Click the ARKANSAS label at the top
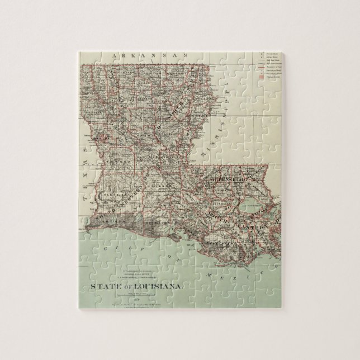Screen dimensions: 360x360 click(149, 56)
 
